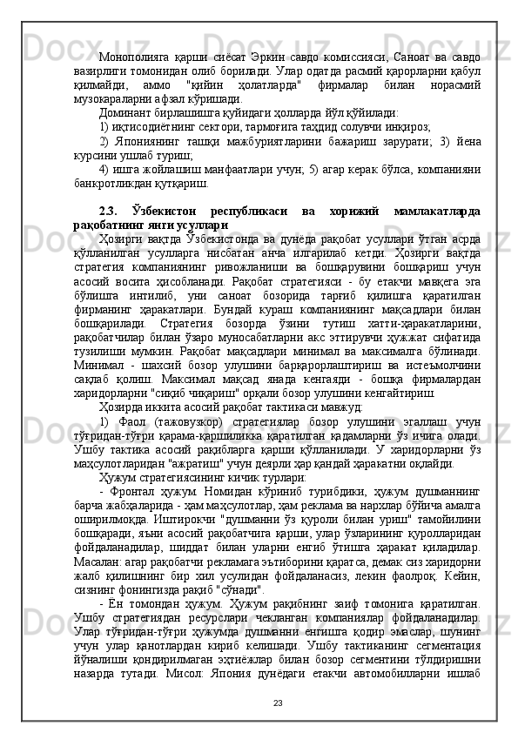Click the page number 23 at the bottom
[x=278, y=703]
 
